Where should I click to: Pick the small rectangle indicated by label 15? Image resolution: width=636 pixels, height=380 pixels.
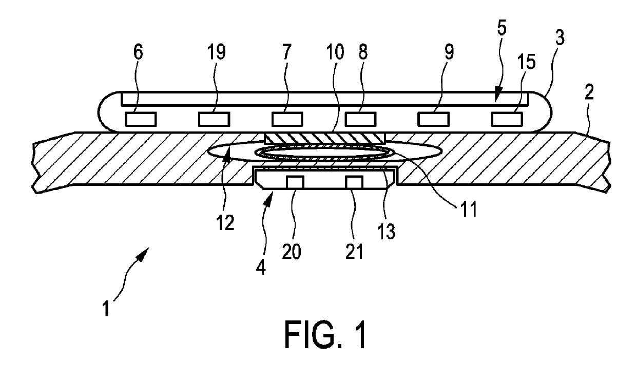[x=506, y=120]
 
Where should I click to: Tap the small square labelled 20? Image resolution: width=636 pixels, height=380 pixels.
[x=294, y=182]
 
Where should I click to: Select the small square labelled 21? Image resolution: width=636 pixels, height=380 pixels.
[x=354, y=182]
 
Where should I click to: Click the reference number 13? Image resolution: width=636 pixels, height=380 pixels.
[x=388, y=231]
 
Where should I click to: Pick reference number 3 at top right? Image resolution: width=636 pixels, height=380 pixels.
[x=559, y=53]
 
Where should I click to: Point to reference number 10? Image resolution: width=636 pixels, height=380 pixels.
[x=336, y=53]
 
